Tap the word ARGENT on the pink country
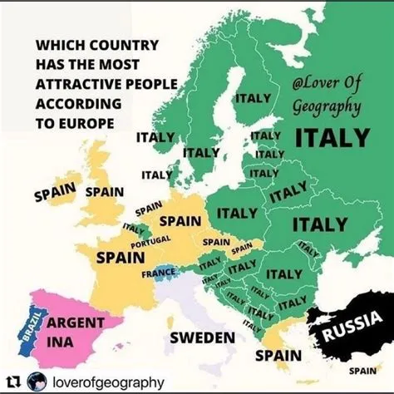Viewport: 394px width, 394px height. coord(75,322)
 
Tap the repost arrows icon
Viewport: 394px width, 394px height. coord(13,382)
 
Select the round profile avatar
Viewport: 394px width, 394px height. coord(36,382)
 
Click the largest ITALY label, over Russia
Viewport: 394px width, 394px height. coord(332,135)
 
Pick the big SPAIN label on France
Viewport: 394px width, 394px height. coord(120,258)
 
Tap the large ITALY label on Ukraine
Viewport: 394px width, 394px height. coord(319,224)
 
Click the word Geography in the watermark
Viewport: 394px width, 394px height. coord(326,106)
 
